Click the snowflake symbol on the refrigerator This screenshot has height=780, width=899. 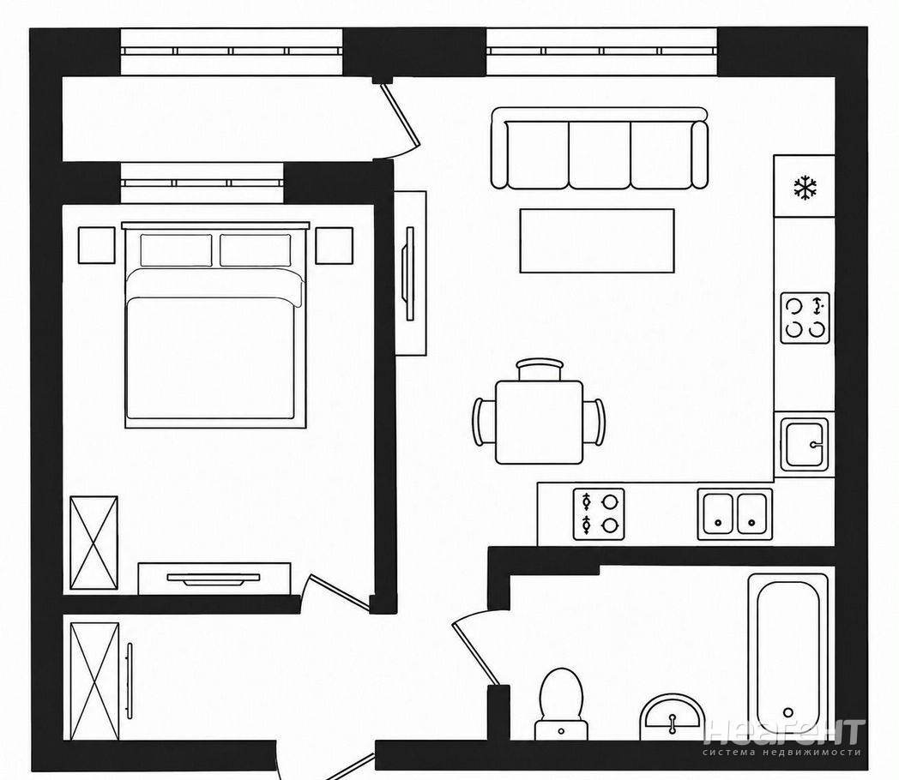click(x=805, y=188)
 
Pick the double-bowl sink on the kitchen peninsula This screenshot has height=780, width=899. click(x=734, y=513)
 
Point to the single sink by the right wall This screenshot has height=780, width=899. click(x=805, y=444)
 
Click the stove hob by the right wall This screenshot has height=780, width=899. click(x=805, y=318)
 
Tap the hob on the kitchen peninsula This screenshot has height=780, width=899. click(x=599, y=513)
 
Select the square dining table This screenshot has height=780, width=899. click(x=539, y=422)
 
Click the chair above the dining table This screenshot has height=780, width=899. click(x=540, y=369)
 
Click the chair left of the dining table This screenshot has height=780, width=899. click(x=484, y=422)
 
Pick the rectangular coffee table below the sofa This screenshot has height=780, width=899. click(x=597, y=241)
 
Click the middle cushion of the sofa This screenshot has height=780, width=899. click(x=600, y=154)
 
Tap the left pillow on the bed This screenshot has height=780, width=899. click(x=176, y=249)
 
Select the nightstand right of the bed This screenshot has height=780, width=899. click(x=334, y=245)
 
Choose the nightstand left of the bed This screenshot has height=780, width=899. click(x=96, y=245)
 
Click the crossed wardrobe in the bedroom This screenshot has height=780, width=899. click(x=94, y=543)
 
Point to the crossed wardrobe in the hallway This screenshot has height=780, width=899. click(x=94, y=681)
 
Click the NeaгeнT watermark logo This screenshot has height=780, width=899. click(x=783, y=738)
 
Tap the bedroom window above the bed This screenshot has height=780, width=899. click(x=202, y=183)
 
